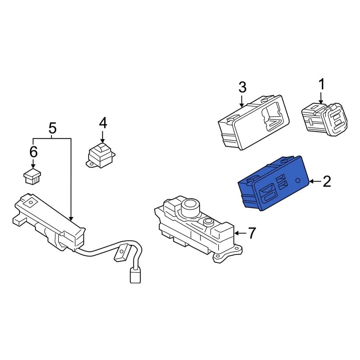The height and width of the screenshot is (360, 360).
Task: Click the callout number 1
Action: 321,85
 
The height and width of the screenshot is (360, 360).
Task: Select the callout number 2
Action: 327,182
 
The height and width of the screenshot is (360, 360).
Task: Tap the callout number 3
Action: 242,87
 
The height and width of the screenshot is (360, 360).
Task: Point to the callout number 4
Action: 103,123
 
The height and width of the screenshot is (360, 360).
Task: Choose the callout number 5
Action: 52,128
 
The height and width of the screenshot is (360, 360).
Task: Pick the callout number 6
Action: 33,152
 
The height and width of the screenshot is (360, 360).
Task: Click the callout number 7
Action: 251,233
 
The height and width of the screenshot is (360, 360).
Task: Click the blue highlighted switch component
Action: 274,184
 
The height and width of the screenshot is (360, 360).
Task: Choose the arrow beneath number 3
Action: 242,101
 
